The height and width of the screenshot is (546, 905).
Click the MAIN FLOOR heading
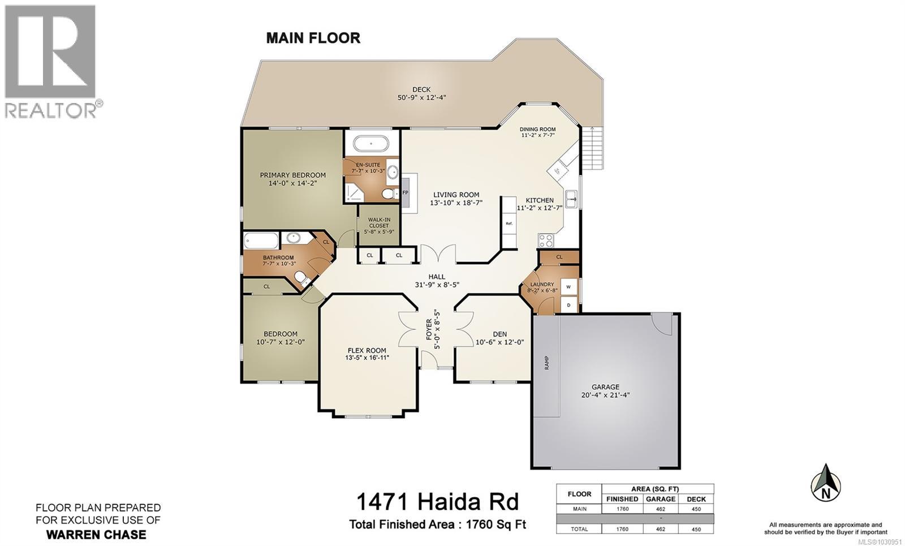click(x=313, y=38)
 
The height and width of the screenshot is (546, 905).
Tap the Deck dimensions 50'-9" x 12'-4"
click(x=421, y=97)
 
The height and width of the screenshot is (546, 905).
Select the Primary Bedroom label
click(x=292, y=175)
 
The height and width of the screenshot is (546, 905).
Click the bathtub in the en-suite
click(x=371, y=143)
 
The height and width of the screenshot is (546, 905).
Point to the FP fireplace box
click(x=405, y=193)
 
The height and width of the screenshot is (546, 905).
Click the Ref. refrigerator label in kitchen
click(x=509, y=223)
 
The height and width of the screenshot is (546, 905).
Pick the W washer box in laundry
click(x=569, y=287)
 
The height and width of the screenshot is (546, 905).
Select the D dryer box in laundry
click(x=569, y=305)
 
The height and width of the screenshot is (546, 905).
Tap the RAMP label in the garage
click(x=547, y=363)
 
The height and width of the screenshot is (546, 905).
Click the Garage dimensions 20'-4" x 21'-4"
click(x=606, y=395)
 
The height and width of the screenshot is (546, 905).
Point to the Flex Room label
click(x=367, y=350)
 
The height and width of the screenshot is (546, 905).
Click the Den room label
click(x=499, y=334)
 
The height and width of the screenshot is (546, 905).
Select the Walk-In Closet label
click(x=378, y=222)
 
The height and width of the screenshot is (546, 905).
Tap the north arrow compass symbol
click(x=826, y=483)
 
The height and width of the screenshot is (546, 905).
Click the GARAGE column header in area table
click(x=661, y=499)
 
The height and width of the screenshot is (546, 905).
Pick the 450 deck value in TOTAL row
click(x=696, y=529)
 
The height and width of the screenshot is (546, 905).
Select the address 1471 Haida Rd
click(x=437, y=501)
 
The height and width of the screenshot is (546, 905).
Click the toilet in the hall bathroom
click(x=300, y=277)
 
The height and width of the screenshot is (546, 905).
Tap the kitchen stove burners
click(x=546, y=240)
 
